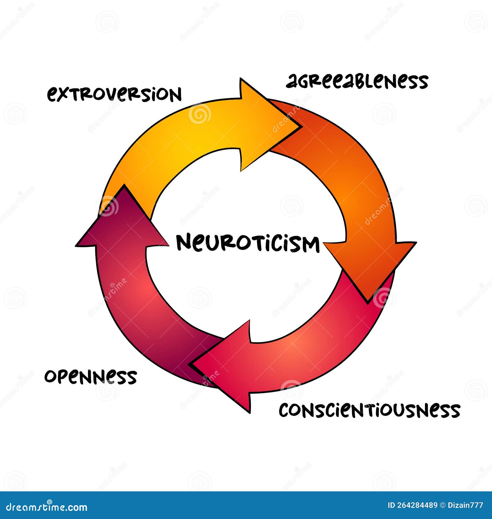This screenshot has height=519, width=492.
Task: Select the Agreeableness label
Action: coord(357,82)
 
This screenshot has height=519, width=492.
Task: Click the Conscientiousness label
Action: coord(369,410)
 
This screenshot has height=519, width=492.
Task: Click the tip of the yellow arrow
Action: coord(299,125)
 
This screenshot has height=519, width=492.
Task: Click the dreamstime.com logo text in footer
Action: coord(47,507)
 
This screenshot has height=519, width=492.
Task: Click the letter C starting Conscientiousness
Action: coord(285,411)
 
